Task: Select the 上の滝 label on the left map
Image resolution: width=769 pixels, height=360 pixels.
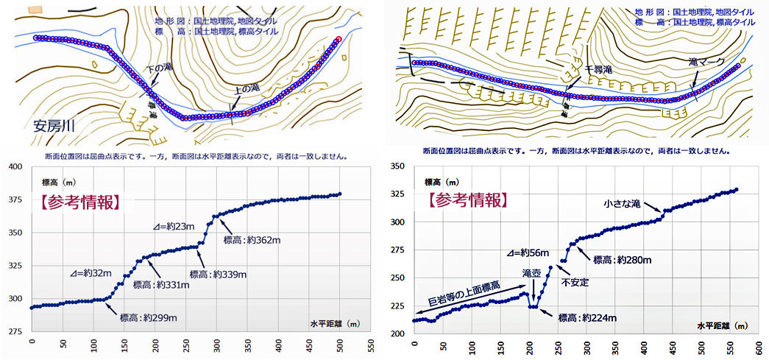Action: [247, 88]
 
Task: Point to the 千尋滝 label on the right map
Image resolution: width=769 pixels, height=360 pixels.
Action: [598, 68]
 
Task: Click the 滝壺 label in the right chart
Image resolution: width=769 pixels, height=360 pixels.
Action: [532, 272]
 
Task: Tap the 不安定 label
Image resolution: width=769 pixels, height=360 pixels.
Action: [575, 282]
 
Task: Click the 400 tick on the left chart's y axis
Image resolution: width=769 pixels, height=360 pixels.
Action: [16, 166]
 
